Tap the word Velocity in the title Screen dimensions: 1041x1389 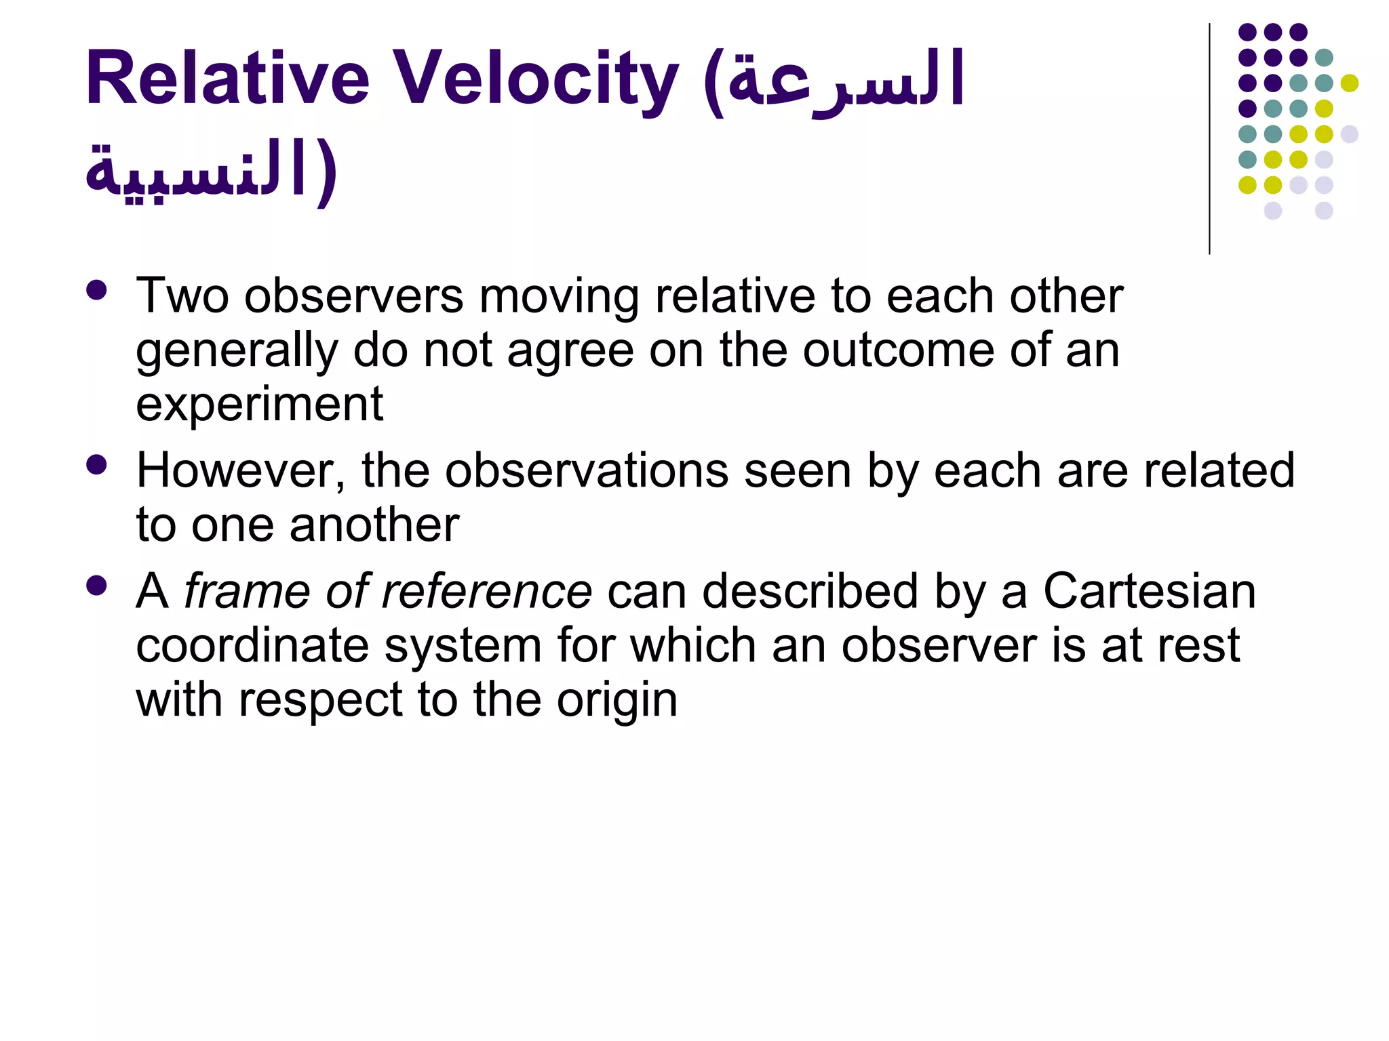click(536, 80)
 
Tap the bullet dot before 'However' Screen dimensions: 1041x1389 click(97, 465)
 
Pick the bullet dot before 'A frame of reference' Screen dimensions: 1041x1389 click(97, 586)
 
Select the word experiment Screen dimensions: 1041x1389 click(259, 405)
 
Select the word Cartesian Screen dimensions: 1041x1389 click(1149, 591)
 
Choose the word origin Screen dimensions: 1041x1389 click(617, 699)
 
